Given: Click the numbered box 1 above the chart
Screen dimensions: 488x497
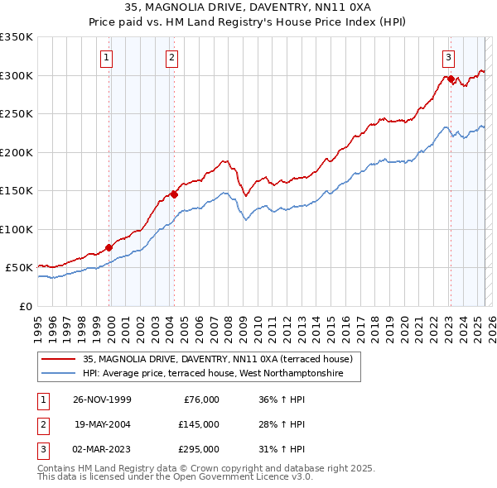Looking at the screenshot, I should pos(109,58).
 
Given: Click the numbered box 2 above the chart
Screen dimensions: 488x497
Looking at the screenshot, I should pos(171,58).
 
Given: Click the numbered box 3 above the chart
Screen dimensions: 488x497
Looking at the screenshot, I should pos(448,58).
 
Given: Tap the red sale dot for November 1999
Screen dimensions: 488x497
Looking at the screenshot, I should pos(109,247).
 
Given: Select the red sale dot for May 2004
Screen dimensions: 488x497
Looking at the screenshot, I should pos(174,194).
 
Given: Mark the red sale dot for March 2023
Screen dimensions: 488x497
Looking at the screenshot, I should pos(451,79).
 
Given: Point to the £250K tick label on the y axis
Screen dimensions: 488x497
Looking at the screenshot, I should pos(17,114).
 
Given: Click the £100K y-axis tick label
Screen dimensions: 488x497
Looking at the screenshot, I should pos(17,229).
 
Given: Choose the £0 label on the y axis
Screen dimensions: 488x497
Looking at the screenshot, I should pos(25,306).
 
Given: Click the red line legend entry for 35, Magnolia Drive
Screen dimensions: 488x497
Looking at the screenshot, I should pos(218,359).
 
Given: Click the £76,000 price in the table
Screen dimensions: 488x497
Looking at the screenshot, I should pos(200,399).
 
